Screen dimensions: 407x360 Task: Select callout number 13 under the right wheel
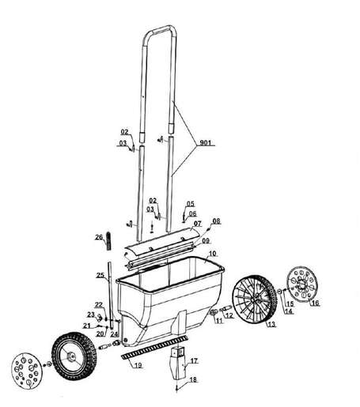pos(271,324)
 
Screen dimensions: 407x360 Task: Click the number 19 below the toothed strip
pos(138,365)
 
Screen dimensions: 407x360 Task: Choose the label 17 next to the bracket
pos(194,361)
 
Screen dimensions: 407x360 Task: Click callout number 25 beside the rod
pos(100,276)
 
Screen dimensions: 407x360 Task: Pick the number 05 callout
pos(190,203)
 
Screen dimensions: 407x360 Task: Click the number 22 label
pos(99,305)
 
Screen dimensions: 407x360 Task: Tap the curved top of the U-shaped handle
pos(162,33)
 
